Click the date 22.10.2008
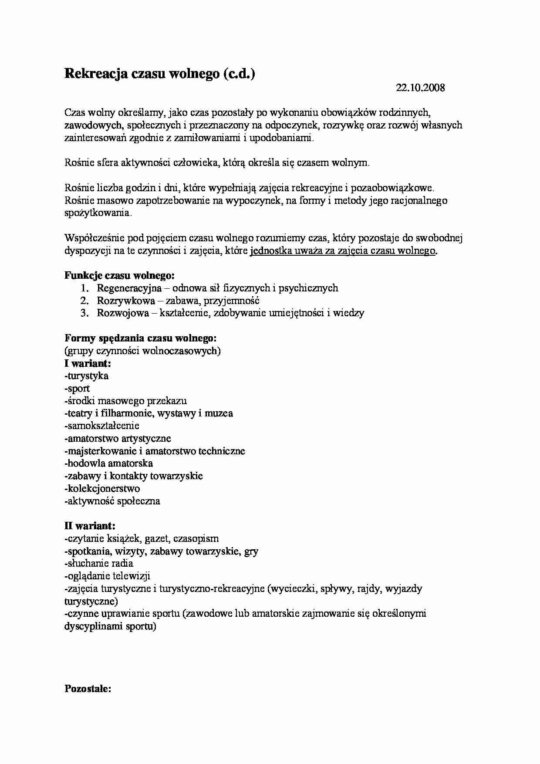tap(420, 88)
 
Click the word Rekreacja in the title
tap(96, 74)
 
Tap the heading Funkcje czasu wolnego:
tap(120, 276)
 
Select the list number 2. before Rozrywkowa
tap(84, 301)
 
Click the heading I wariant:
tap(88, 363)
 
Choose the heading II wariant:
tap(90, 526)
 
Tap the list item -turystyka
tap(86, 376)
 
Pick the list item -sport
tap(77, 389)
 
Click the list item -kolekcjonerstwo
tap(102, 489)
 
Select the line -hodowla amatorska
tap(108, 463)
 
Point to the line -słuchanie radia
tap(98, 564)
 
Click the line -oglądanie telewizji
tap(107, 576)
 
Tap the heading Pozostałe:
tap(88, 690)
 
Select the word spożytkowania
tap(98, 213)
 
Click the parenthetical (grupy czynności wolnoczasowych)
tap(142, 351)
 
